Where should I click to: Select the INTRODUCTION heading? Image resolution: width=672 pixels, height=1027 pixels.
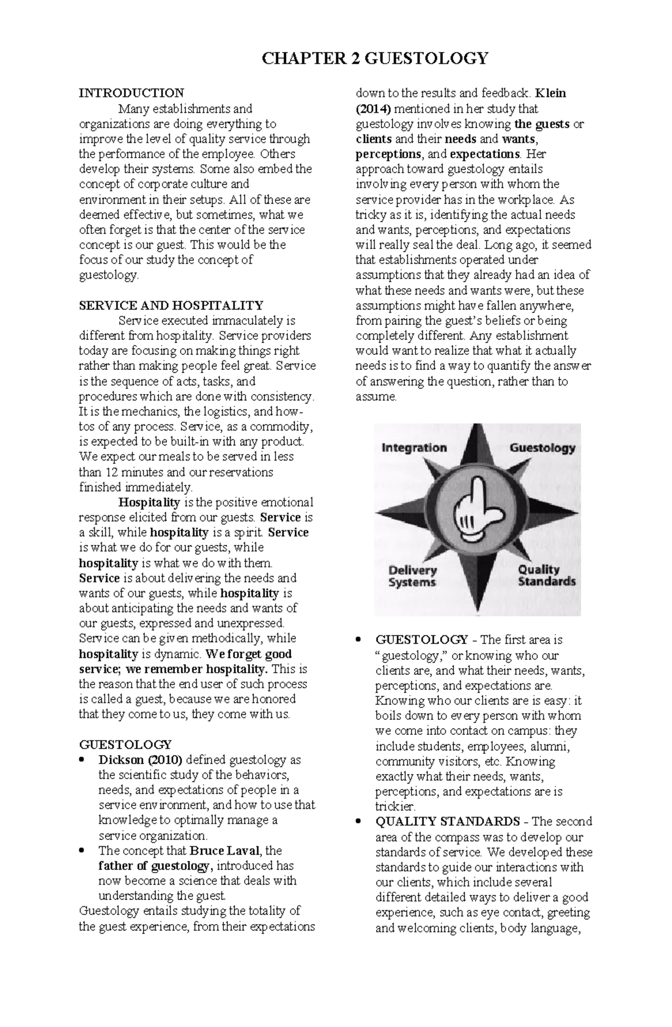[131, 93]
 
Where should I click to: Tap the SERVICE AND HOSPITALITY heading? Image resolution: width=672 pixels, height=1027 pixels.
[171, 306]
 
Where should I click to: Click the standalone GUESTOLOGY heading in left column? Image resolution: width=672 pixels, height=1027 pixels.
[125, 744]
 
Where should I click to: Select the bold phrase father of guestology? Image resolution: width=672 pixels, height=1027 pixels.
[155, 866]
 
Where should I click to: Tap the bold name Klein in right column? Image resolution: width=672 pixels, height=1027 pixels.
[550, 93]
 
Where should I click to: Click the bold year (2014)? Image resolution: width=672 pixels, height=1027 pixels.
[370, 109]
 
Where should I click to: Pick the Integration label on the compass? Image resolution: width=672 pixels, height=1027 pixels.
[414, 448]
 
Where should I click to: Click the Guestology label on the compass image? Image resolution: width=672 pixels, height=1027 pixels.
[542, 448]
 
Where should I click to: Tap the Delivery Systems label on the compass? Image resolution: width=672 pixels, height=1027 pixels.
[413, 576]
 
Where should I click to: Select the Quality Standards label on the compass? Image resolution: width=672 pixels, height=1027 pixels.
[546, 575]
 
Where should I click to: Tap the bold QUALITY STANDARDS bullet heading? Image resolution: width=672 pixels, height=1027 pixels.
[447, 822]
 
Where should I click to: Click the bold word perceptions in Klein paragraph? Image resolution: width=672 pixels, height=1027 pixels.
[388, 154]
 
